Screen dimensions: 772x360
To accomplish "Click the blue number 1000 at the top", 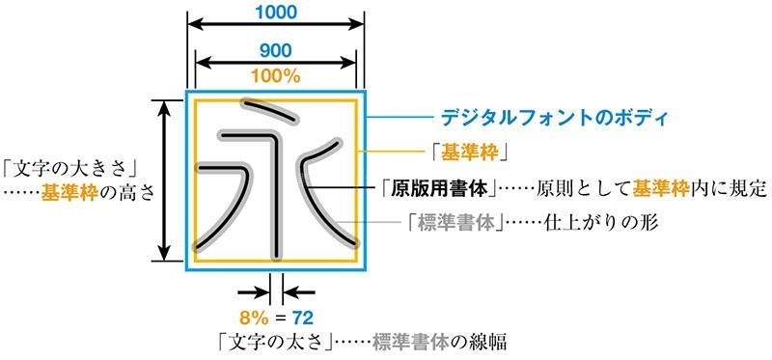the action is tap(276, 13).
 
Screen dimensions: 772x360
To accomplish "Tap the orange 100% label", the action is tap(276, 74).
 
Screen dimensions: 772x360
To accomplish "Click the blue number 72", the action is tap(300, 317).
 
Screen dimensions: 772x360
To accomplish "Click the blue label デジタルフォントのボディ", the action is tap(554, 119).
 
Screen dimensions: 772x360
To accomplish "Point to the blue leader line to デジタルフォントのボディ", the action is tap(400, 119).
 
